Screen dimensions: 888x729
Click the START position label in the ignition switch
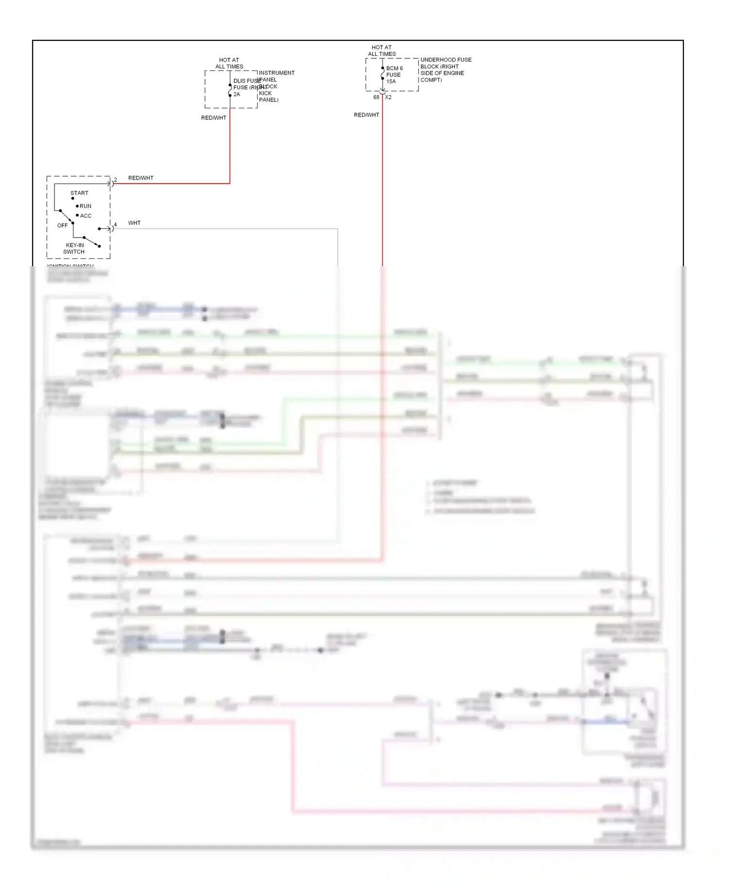pos(79,193)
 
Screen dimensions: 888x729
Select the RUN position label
pos(86,206)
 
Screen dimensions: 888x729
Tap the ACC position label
pos(86,216)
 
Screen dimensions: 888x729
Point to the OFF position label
pos(63,225)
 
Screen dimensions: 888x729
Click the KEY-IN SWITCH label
pos(75,248)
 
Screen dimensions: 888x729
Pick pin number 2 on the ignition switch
pos(115,180)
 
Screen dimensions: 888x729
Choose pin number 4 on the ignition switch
pos(115,224)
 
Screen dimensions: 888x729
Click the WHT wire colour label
pos(134,223)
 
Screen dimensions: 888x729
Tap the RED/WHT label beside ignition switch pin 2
pos(140,178)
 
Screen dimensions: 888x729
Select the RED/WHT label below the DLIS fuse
pos(214,118)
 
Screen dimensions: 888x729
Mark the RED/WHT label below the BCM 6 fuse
pos(366,115)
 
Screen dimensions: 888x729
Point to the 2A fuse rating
pos(237,94)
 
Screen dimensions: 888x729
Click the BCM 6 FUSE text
pos(394,71)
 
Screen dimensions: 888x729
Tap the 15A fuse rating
pos(391,82)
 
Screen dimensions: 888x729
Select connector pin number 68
pos(376,97)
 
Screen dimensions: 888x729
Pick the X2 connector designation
pos(388,97)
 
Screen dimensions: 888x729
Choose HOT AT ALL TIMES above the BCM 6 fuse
pos(382,51)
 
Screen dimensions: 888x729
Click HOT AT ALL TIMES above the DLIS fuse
pos(229,63)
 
